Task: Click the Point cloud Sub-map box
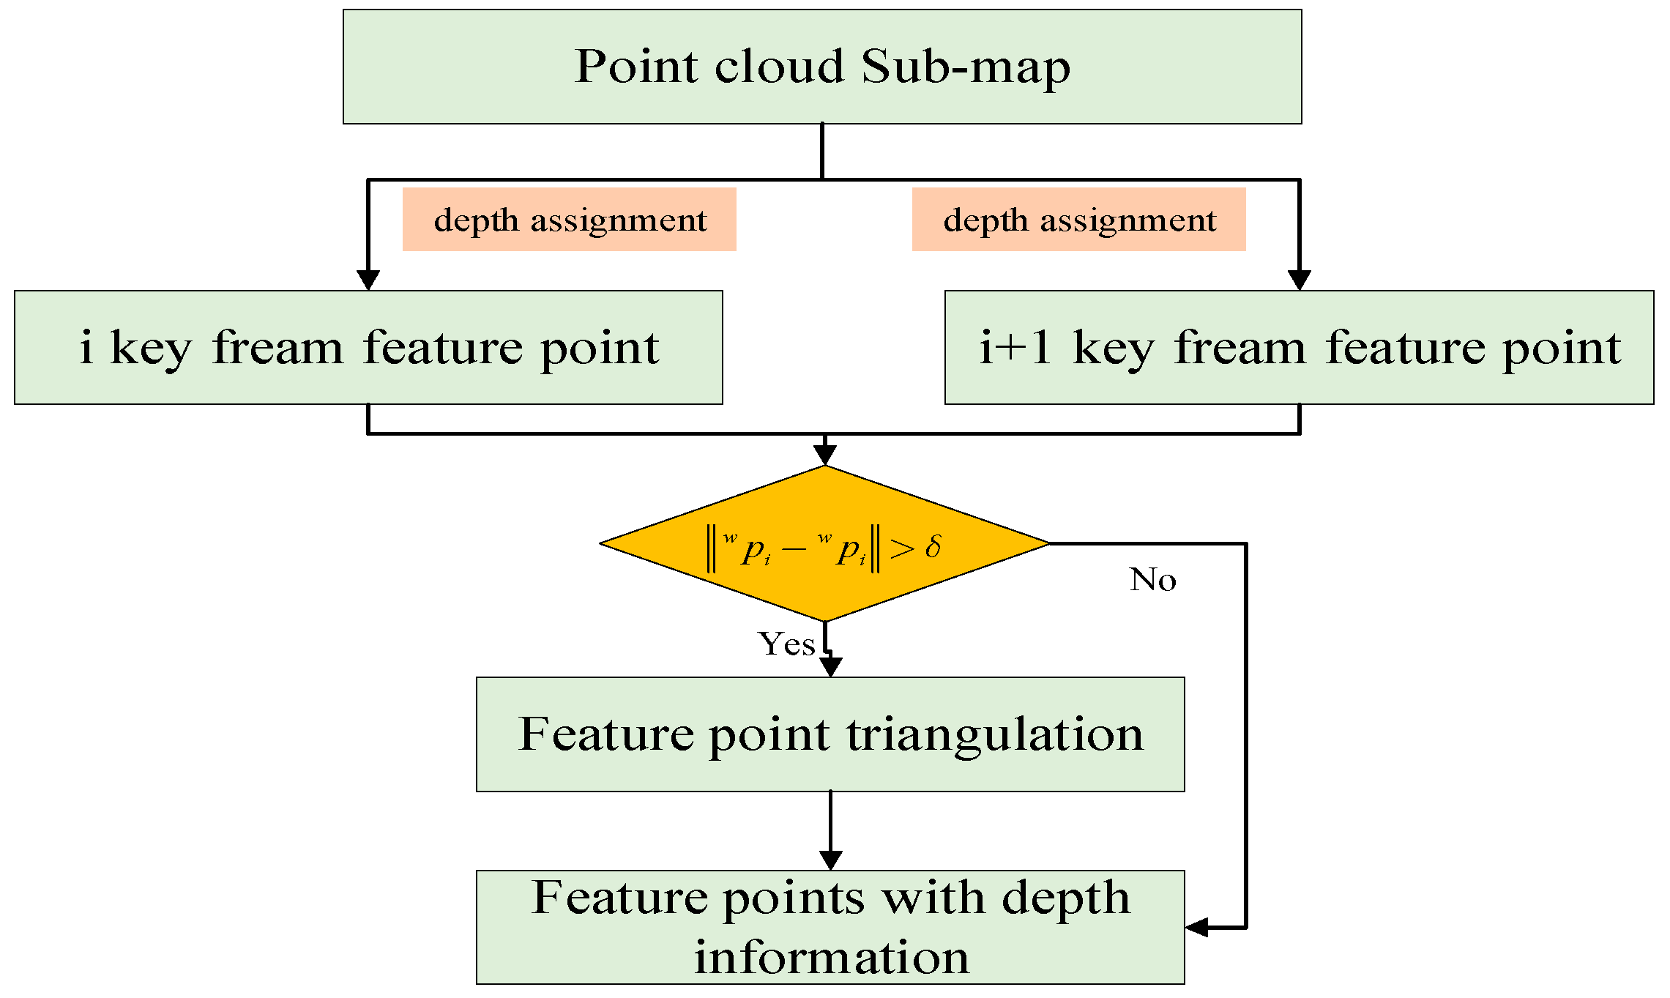pyautogui.click(x=821, y=67)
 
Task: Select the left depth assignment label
pyautogui.click(x=569, y=220)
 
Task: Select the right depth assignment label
pyautogui.click(x=1078, y=220)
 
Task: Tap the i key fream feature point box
pyautogui.click(x=368, y=348)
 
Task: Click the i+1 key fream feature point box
pyautogui.click(x=1299, y=348)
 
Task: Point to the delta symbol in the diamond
pyautogui.click(x=933, y=547)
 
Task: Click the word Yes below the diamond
pyautogui.click(x=786, y=644)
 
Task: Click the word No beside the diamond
pyautogui.click(x=1152, y=580)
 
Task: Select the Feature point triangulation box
pyautogui.click(x=830, y=734)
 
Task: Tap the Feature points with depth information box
pyautogui.click(x=830, y=927)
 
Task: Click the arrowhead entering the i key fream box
pyautogui.click(x=368, y=280)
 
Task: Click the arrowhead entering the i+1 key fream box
pyautogui.click(x=1299, y=280)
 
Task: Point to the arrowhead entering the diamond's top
pyautogui.click(x=825, y=455)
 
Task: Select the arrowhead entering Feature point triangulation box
pyautogui.click(x=830, y=666)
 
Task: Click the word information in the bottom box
pyautogui.click(x=831, y=957)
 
